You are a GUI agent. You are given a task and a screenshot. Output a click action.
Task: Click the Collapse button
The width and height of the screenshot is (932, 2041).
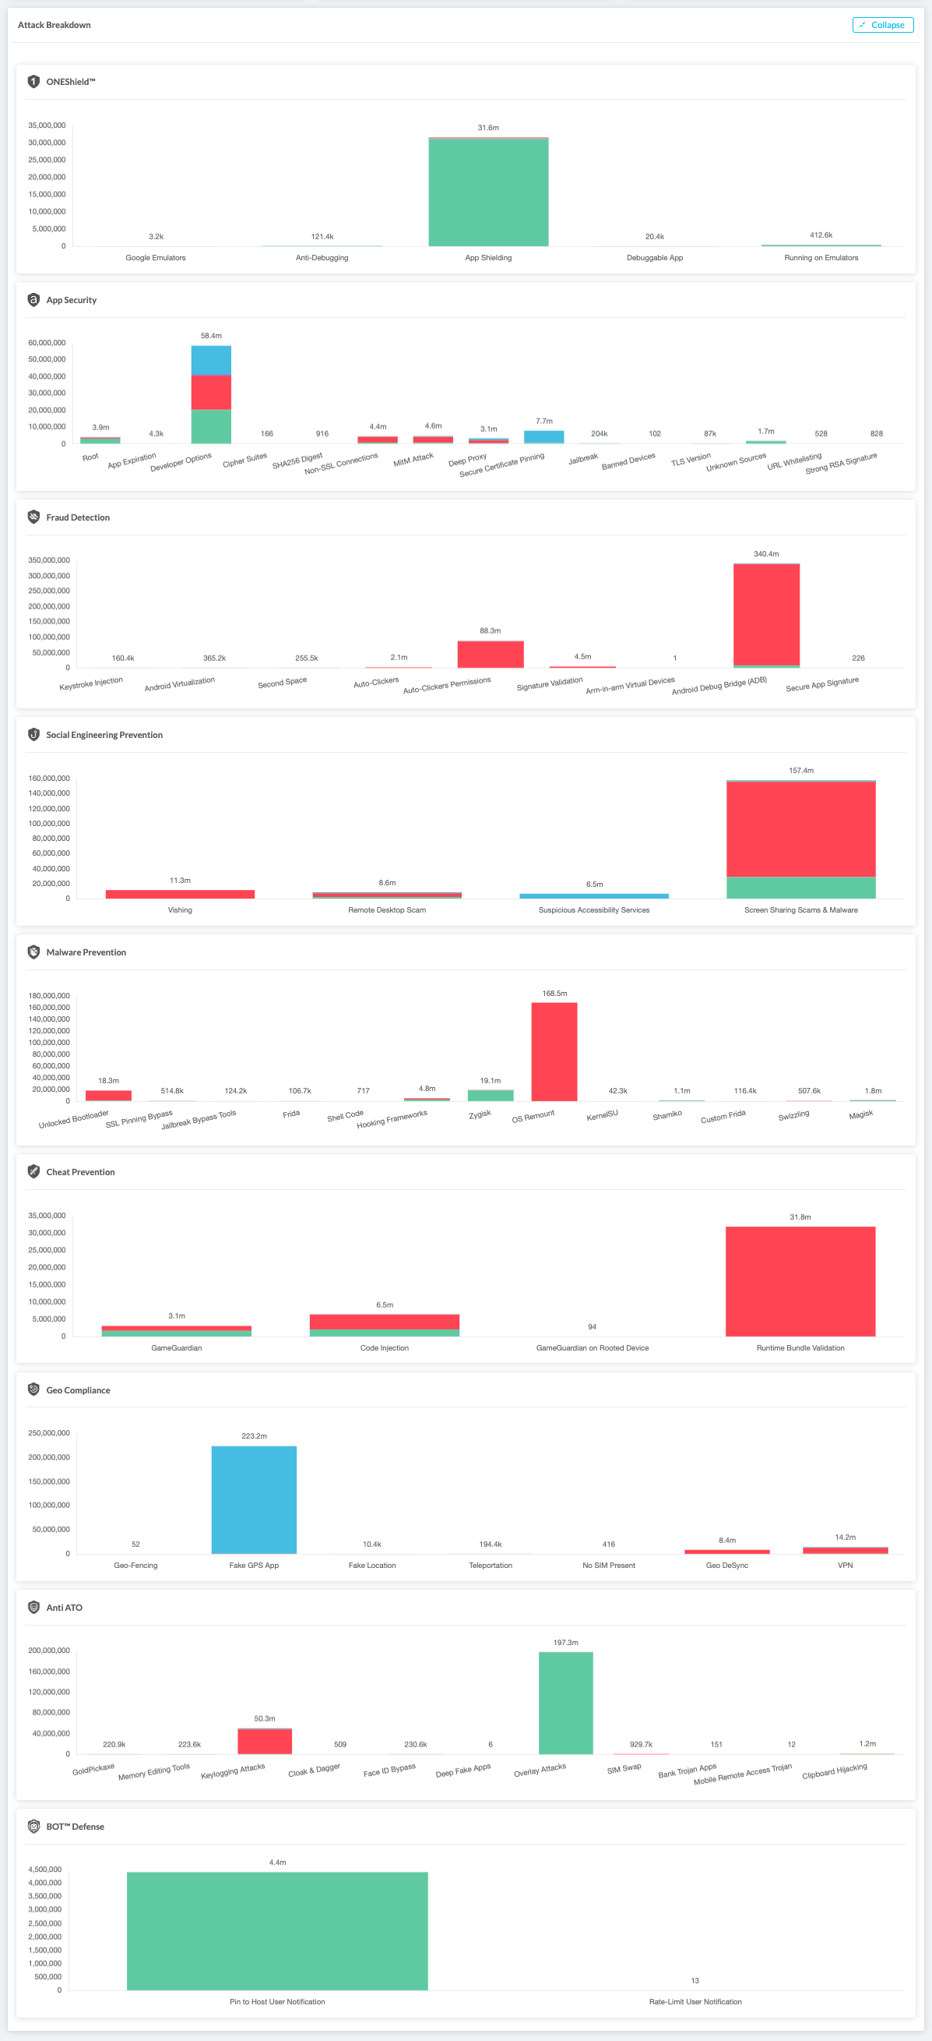tap(882, 26)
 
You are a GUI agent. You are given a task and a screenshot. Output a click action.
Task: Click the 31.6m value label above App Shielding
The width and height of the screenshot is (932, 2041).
tap(487, 128)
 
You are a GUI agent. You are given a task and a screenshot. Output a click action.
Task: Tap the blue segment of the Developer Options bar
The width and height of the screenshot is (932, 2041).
tap(211, 360)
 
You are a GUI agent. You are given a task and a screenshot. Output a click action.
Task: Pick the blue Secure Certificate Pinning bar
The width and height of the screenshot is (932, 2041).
tap(543, 436)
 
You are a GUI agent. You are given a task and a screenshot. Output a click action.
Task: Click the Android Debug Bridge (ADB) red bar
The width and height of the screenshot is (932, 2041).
tap(765, 614)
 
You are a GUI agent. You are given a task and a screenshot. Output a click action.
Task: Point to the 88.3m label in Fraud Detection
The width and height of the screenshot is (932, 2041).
tap(490, 630)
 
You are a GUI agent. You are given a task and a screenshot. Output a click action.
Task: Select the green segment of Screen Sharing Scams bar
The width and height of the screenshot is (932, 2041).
tap(800, 888)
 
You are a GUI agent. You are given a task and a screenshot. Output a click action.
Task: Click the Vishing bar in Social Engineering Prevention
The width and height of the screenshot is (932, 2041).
tap(180, 894)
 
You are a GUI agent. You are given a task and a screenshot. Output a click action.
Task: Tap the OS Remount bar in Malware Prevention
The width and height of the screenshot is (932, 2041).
tap(554, 1051)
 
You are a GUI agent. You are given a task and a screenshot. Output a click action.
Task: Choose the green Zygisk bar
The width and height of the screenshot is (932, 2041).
tap(491, 1095)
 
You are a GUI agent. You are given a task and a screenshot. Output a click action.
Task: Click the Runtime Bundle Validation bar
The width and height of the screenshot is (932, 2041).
tap(800, 1281)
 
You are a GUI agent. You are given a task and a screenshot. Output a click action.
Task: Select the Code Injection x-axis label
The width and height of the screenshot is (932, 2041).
tap(384, 1347)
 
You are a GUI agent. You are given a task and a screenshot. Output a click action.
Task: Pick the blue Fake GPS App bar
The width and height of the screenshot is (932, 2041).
tap(253, 1499)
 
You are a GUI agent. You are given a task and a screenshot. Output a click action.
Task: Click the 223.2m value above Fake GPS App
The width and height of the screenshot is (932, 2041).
tap(253, 1435)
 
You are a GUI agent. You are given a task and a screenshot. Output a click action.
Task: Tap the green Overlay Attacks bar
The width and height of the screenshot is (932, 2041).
tap(565, 1703)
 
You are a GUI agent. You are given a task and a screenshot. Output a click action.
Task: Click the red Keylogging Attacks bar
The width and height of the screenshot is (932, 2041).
tap(265, 1742)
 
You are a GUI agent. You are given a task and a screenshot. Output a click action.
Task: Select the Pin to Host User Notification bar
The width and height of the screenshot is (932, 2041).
tap(277, 1931)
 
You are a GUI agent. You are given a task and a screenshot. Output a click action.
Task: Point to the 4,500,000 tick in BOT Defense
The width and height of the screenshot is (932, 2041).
tap(44, 1869)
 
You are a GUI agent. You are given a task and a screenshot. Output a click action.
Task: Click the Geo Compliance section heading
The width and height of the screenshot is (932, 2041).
tap(78, 1390)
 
